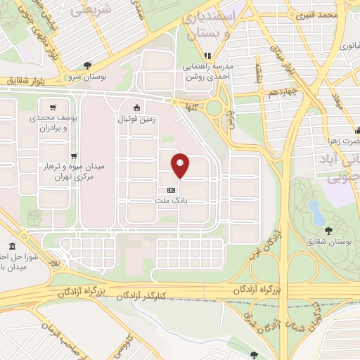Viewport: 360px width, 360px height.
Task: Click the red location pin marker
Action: coord(180,165)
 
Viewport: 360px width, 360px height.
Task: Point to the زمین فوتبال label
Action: coord(136,120)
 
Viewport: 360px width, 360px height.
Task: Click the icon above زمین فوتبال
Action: coord(136,108)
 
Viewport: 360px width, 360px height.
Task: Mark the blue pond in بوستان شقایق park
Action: coord(316,210)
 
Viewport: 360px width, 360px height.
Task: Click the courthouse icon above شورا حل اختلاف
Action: coord(14,246)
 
